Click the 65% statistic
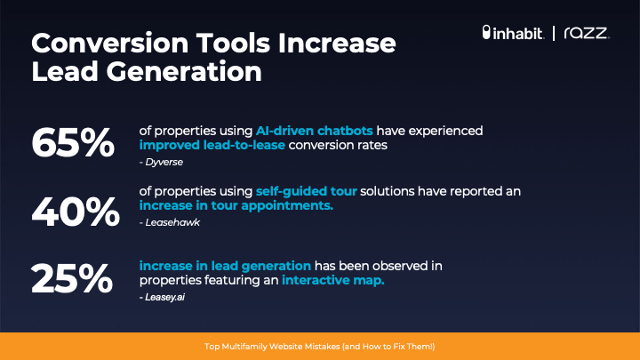73,142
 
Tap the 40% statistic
76,212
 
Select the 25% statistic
72,278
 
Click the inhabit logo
513,33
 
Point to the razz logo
587,33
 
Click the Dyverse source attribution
161,162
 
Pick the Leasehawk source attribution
170,222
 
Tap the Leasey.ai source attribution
162,297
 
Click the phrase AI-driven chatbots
315,131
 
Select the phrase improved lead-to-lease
212,145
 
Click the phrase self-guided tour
307,191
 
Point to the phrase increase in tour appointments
236,205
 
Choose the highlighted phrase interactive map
333,280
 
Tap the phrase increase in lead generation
225,266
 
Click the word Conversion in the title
109,43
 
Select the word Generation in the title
184,72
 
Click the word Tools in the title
233,43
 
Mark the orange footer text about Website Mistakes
320,347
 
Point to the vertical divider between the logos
554,33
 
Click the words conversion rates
338,145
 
